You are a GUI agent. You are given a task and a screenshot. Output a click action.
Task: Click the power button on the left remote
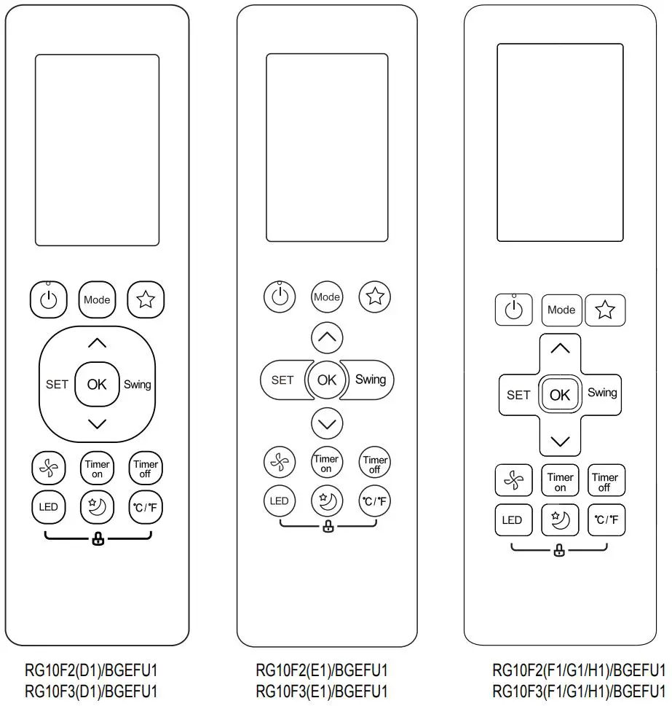tap(48, 299)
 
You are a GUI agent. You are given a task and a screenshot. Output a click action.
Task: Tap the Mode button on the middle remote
tap(327, 297)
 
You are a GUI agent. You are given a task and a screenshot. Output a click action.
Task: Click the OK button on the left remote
tap(97, 384)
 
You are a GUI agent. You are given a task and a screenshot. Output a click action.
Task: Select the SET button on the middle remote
tap(282, 380)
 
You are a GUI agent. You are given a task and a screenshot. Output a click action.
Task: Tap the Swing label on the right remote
tap(602, 393)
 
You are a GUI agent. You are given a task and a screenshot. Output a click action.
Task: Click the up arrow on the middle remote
tap(327, 337)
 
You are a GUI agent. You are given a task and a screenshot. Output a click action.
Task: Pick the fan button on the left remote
tap(49, 466)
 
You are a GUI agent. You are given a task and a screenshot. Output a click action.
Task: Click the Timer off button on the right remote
tap(605, 482)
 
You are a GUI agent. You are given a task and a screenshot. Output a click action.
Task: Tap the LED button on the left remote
tap(49, 507)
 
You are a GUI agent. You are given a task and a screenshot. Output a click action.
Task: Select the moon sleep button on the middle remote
tap(326, 501)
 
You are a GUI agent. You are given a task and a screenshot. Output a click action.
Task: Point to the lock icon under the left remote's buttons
tap(98, 540)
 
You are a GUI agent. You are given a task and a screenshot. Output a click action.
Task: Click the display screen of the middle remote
tap(327, 148)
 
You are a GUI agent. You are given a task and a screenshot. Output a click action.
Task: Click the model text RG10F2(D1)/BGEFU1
tap(91, 670)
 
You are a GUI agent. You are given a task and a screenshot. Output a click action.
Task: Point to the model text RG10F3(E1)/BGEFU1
tap(322, 691)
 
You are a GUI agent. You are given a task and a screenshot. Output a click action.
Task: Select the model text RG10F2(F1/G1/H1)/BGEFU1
tap(579, 670)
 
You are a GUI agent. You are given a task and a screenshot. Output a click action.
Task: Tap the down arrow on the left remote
tap(97, 423)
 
